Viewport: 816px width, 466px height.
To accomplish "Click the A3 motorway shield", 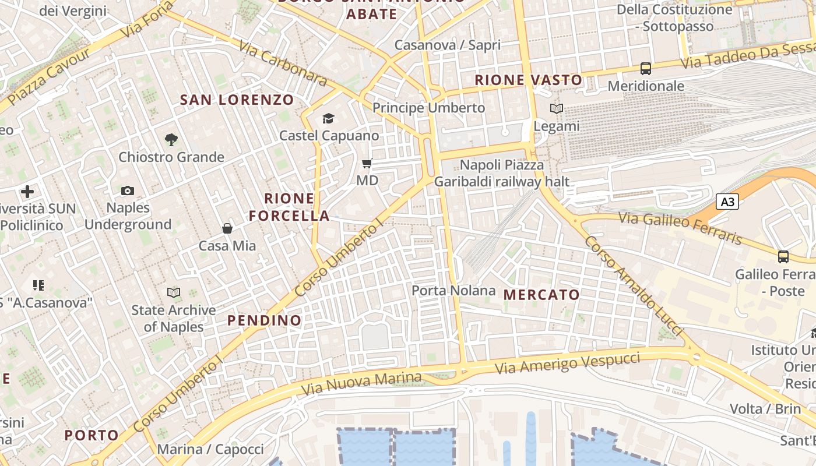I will pyautogui.click(x=727, y=202).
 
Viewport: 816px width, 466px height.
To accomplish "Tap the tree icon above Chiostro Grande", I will pyautogui.click(x=171, y=140).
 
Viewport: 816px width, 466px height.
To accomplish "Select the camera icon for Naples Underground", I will pyautogui.click(x=128, y=190).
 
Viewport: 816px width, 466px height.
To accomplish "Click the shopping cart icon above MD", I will pyautogui.click(x=367, y=164).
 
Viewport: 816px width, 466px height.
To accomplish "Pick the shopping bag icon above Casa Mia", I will pyautogui.click(x=227, y=228).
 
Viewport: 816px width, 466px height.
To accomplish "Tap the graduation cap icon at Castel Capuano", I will pyautogui.click(x=329, y=119).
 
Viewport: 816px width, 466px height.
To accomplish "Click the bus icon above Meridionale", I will pyautogui.click(x=646, y=69).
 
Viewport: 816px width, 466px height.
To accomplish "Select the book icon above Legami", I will pyautogui.click(x=557, y=109).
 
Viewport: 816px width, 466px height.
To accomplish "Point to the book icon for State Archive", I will pyautogui.click(x=174, y=292).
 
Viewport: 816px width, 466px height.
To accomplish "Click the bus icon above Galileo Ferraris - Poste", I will pyautogui.click(x=783, y=256).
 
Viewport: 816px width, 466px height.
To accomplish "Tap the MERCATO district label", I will pyautogui.click(x=541, y=295).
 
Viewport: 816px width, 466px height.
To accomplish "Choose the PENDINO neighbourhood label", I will pyautogui.click(x=265, y=320).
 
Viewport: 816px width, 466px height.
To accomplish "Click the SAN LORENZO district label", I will pyautogui.click(x=237, y=100).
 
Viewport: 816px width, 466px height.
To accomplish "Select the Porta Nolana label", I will pyautogui.click(x=453, y=290).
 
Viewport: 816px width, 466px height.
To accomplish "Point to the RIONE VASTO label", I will pyautogui.click(x=528, y=80).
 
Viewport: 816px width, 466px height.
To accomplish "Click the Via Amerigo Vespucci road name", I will pyautogui.click(x=567, y=363).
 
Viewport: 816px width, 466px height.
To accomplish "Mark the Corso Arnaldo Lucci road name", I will pyautogui.click(x=633, y=285).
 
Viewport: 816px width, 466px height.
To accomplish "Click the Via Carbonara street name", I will pyautogui.click(x=283, y=63).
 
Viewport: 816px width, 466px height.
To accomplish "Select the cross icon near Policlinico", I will pyautogui.click(x=27, y=191).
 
